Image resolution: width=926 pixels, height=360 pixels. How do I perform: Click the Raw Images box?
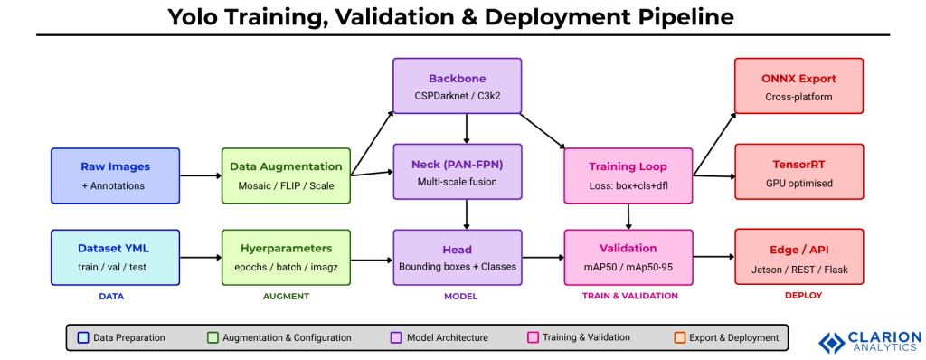pyautogui.click(x=115, y=175)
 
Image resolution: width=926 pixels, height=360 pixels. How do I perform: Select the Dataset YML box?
pyautogui.click(x=115, y=256)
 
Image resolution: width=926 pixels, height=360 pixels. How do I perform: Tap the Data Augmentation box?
pyautogui.click(x=286, y=175)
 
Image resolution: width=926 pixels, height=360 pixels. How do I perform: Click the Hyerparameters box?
pyautogui.click(x=286, y=256)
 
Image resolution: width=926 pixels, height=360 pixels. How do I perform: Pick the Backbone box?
pyautogui.click(x=457, y=86)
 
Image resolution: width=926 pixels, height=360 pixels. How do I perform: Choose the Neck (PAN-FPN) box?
pyautogui.click(x=457, y=172)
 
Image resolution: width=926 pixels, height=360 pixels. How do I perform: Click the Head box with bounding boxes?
pyautogui.click(x=457, y=256)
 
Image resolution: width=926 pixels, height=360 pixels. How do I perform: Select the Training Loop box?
pyautogui.click(x=628, y=175)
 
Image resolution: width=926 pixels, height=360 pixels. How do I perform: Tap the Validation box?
pyautogui.click(x=628, y=256)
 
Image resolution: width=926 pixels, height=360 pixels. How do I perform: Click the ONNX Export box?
pyautogui.click(x=798, y=86)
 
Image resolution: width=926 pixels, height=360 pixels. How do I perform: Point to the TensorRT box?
pyautogui.click(x=798, y=172)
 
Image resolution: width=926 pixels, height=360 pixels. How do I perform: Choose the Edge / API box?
pyautogui.click(x=798, y=256)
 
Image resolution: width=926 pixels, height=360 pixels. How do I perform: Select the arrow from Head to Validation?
pyautogui.click(x=543, y=258)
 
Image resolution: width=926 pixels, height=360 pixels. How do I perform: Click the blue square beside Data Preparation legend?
pyautogui.click(x=83, y=337)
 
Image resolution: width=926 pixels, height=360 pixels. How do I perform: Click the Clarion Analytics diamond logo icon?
pyautogui.click(x=831, y=342)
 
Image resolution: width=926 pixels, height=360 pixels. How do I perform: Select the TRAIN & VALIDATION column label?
pyautogui.click(x=628, y=296)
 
